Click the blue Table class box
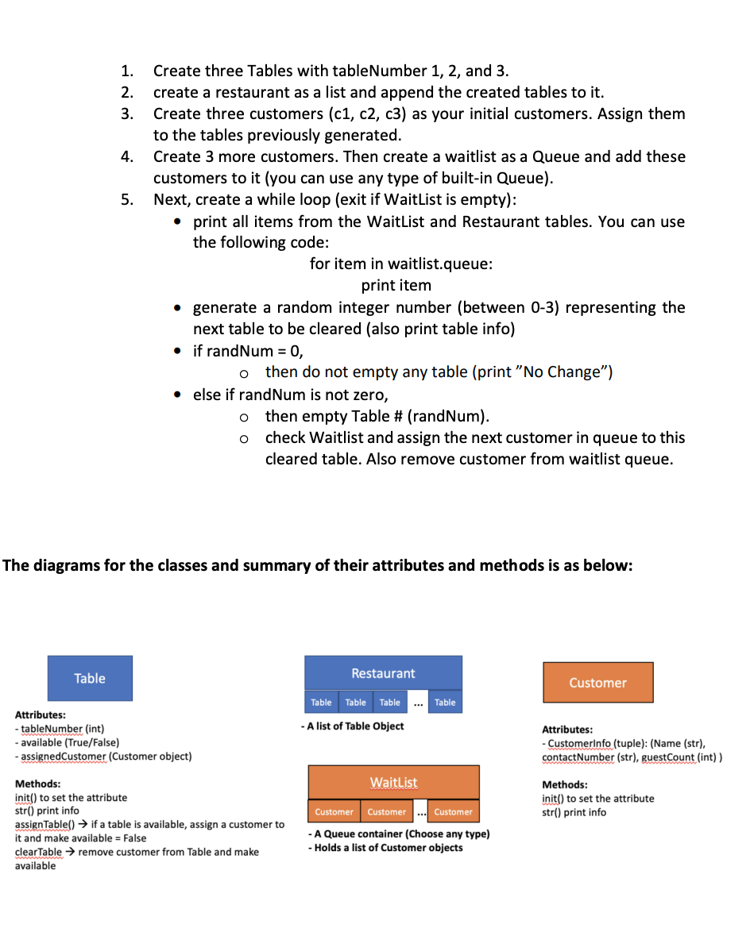pyautogui.click(x=90, y=678)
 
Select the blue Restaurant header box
pyautogui.click(x=383, y=673)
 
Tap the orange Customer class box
pyautogui.click(x=597, y=683)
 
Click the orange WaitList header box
pyautogui.click(x=393, y=783)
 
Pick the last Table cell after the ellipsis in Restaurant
pyautogui.click(x=445, y=703)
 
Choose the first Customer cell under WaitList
pyautogui.click(x=334, y=812)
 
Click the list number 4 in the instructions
pyautogui.click(x=126, y=156)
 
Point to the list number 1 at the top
pyautogui.click(x=126, y=71)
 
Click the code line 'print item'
pyautogui.click(x=396, y=285)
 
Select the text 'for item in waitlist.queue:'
pyautogui.click(x=401, y=264)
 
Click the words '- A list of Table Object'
pyautogui.click(x=352, y=726)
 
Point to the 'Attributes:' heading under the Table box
pyautogui.click(x=40, y=714)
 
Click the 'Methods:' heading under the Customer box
pyautogui.click(x=566, y=784)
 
